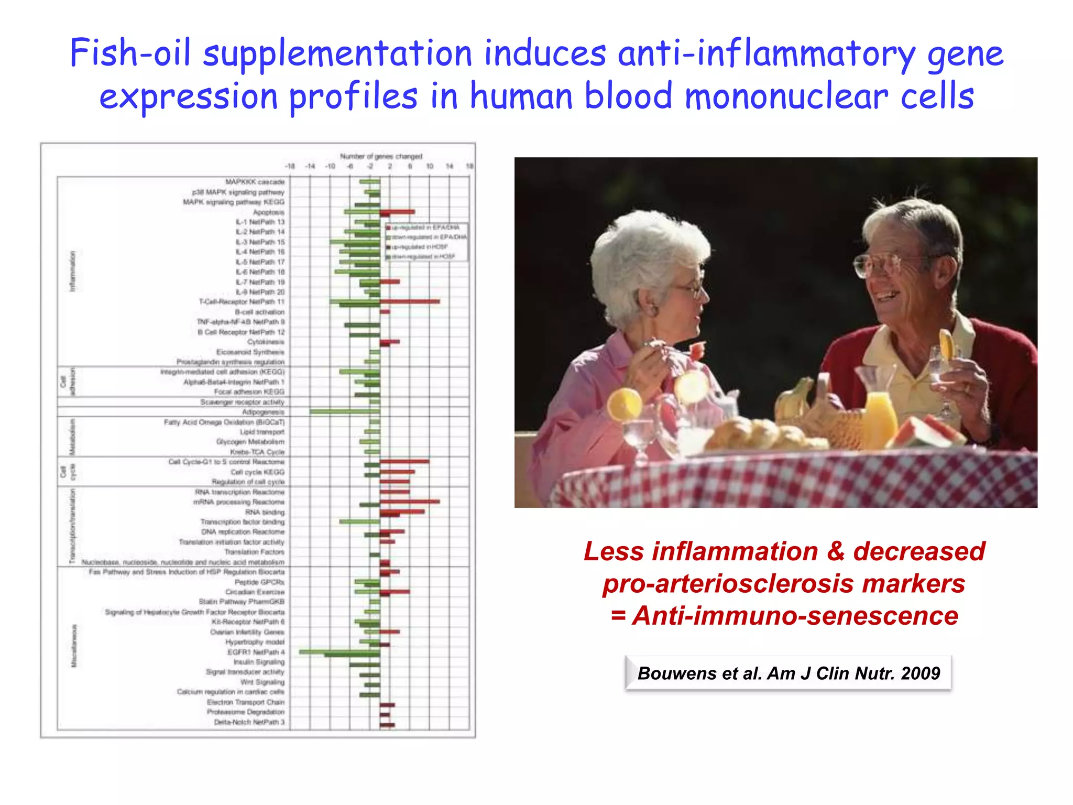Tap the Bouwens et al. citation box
click(x=788, y=673)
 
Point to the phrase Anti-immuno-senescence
click(x=795, y=615)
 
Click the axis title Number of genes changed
click(x=381, y=156)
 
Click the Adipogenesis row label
click(x=263, y=412)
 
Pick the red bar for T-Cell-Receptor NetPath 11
click(x=410, y=301)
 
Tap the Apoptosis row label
click(x=268, y=212)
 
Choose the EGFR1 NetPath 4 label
click(x=256, y=652)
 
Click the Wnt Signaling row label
click(x=262, y=682)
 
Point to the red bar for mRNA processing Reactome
click(x=410, y=502)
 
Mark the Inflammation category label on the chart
click(x=73, y=271)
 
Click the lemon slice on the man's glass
click(x=946, y=343)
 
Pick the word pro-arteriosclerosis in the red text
click(x=783, y=583)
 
